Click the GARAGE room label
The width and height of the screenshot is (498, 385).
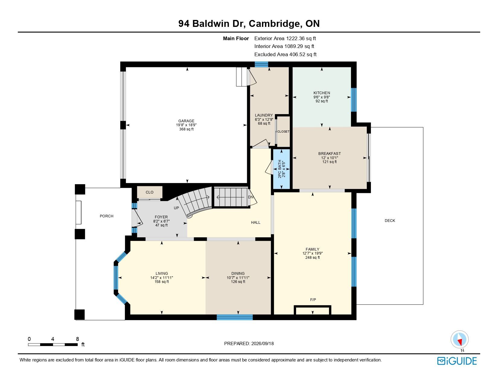(186, 121)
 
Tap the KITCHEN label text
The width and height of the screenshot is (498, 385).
(321, 93)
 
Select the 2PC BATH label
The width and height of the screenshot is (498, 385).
(279, 169)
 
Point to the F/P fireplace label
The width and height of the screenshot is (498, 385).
(313, 300)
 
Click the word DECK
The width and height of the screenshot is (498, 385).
(390, 221)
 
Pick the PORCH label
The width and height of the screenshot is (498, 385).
(107, 216)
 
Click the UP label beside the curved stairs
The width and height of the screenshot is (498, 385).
(176, 208)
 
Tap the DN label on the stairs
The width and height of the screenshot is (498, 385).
(251, 197)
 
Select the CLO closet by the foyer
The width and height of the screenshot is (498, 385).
(150, 192)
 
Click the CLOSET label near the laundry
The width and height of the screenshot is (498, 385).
(283, 132)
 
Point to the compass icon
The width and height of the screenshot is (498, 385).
(459, 339)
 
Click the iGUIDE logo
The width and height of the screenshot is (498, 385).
(457, 361)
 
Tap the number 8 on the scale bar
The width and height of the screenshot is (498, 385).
(78, 339)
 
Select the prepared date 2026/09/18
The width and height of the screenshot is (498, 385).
(262, 344)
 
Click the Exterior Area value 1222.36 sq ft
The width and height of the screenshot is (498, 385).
(301, 39)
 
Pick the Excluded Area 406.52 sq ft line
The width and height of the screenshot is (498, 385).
(285, 54)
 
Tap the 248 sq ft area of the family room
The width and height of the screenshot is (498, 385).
(312, 258)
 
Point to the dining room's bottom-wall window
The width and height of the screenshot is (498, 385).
(235, 317)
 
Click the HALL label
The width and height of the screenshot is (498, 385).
(256, 223)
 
